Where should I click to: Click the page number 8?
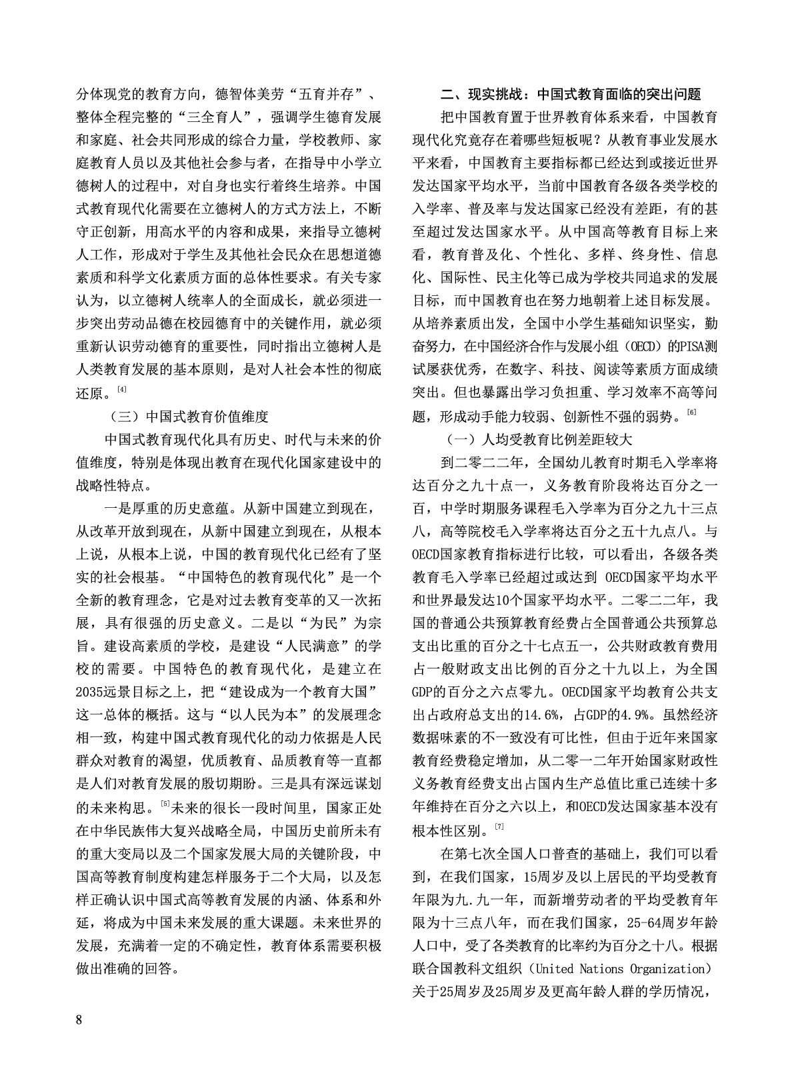80,1020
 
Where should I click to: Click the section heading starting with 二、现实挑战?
571,93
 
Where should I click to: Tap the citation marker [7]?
499,827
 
